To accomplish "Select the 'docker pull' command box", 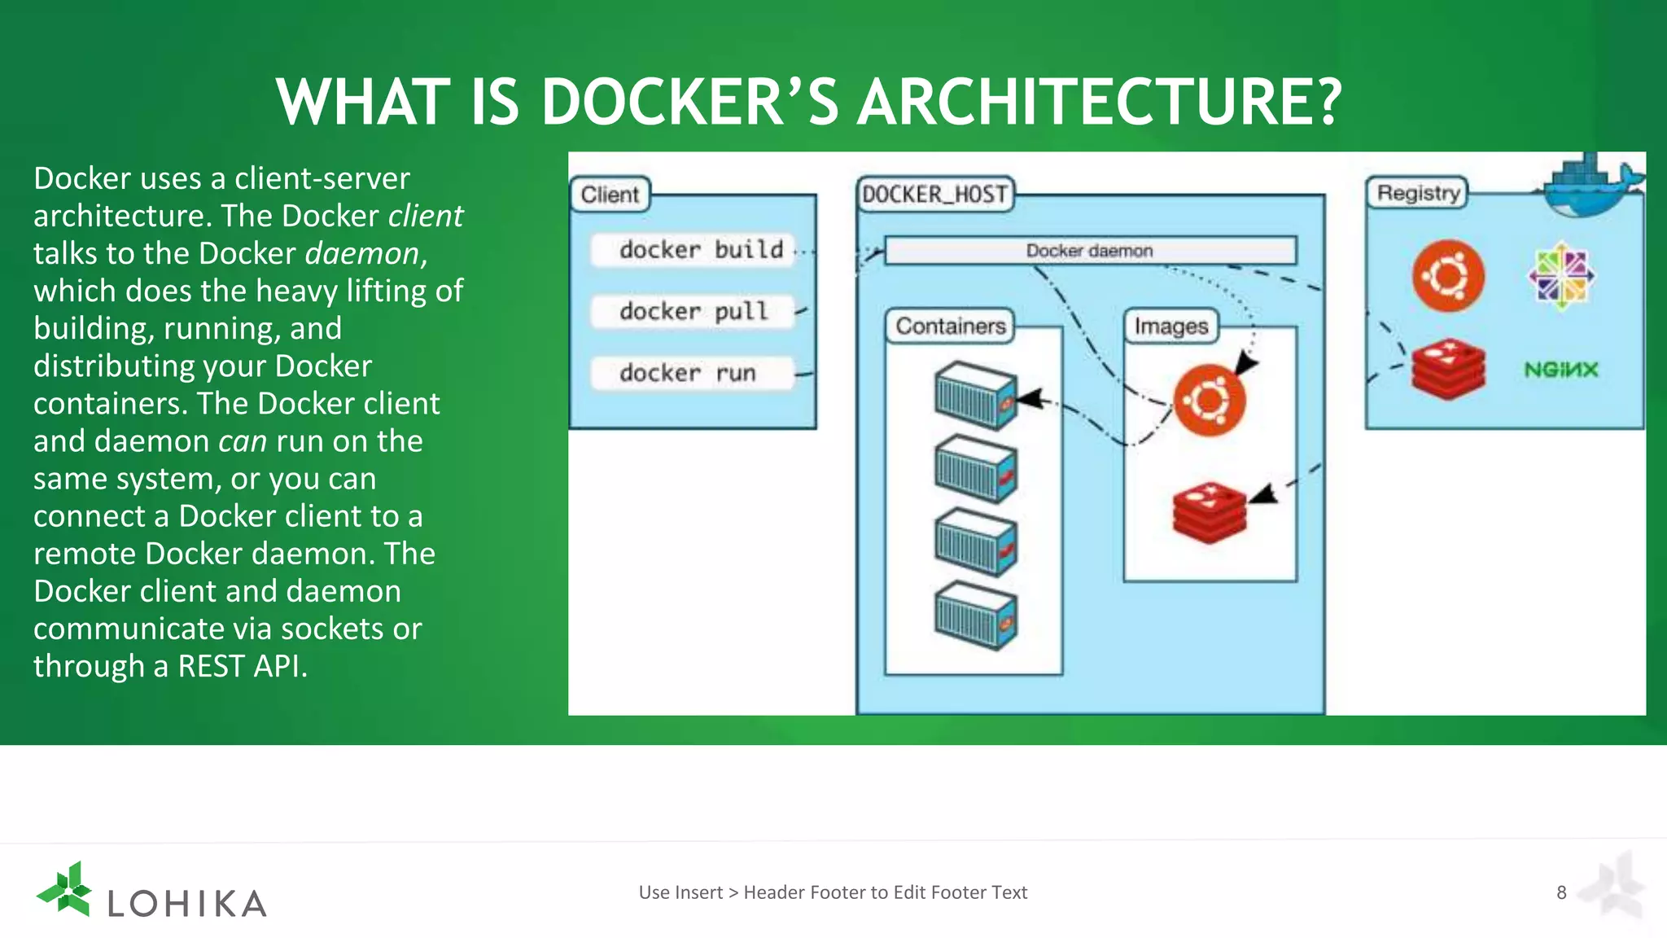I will [x=692, y=312].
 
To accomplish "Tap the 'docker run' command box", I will [x=692, y=374].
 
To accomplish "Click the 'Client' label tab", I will [x=610, y=195].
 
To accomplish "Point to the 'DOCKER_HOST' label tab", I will [x=934, y=195].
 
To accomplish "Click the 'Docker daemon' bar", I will [x=1090, y=251].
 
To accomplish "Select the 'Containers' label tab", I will [x=950, y=327].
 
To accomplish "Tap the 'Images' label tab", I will [x=1170, y=327].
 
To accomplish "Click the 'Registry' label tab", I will [x=1417, y=194].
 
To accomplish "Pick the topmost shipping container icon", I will [x=975, y=396].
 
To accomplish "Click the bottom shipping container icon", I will [x=975, y=616].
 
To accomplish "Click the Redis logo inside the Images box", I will [x=1210, y=511].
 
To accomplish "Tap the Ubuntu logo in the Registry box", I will [x=1448, y=276].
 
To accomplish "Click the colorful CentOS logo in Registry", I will [x=1560, y=277].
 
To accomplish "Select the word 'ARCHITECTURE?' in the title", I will [x=1099, y=103].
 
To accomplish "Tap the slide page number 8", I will [x=1561, y=892].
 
